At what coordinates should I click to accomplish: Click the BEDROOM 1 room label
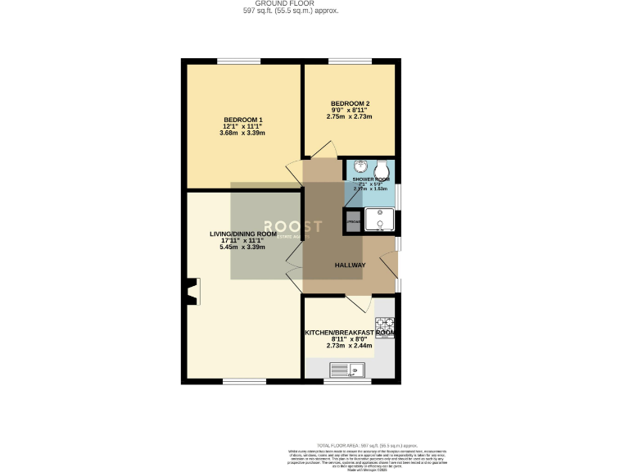pos(242,120)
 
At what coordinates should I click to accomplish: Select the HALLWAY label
pos(350,265)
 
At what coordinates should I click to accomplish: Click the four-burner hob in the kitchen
pos(384,325)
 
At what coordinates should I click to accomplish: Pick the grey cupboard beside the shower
pos(353,222)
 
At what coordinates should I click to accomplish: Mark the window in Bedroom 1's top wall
pos(239,60)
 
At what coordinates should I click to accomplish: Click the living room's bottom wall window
pos(239,381)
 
